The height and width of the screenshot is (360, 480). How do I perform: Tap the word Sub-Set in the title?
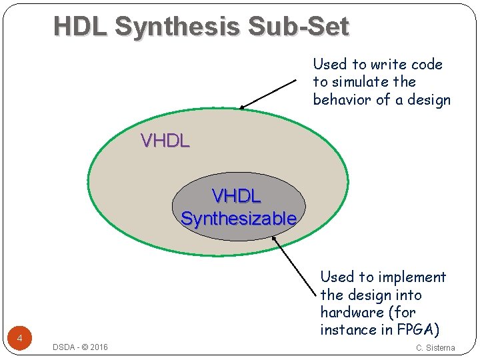tap(298, 27)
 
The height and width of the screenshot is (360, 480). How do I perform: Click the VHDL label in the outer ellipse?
tap(165, 141)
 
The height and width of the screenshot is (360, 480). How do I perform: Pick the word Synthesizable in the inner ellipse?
tap(239, 218)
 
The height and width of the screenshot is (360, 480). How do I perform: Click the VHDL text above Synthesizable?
tap(237, 197)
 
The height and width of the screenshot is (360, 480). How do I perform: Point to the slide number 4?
tap(20, 339)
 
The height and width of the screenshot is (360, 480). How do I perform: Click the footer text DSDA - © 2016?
tap(80, 347)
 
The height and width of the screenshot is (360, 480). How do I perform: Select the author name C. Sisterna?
tap(435, 347)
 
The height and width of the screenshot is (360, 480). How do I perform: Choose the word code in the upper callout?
tap(427, 65)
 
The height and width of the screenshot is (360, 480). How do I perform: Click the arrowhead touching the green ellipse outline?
tap(243, 107)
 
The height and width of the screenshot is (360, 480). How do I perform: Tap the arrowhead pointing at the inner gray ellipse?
tap(274, 231)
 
